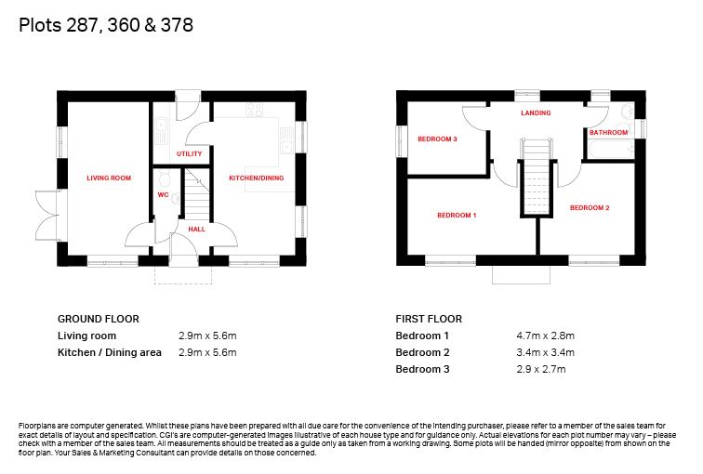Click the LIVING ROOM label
(109, 178)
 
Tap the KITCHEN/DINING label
(257, 178)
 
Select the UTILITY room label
(189, 153)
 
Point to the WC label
(163, 196)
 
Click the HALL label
(196, 229)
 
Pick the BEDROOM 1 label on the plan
(457, 215)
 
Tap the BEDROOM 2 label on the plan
(590, 207)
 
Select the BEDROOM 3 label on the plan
(436, 139)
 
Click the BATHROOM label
(608, 133)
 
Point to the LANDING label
(536, 113)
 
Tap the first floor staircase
(535, 177)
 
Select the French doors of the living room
(46, 215)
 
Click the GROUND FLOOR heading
(98, 319)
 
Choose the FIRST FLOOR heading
(429, 319)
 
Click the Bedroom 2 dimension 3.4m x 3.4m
(545, 352)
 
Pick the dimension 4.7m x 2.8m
(545, 336)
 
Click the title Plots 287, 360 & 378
(106, 26)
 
